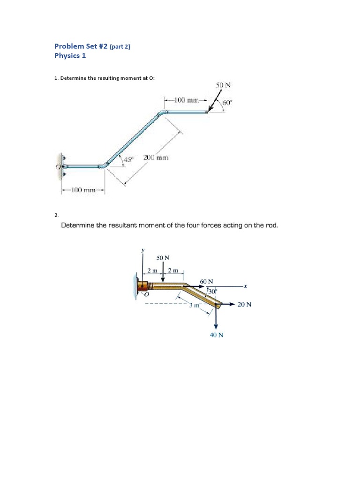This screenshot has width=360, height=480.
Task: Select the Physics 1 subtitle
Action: tap(70, 56)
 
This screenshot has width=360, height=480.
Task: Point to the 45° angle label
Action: tap(128, 159)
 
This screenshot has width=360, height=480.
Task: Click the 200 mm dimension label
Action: tap(156, 158)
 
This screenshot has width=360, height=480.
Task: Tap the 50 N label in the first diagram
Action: tap(223, 85)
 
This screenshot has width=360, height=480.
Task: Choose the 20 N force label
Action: tap(244, 304)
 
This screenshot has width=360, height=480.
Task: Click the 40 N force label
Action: tap(216, 335)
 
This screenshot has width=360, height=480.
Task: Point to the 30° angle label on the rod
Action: tap(211, 292)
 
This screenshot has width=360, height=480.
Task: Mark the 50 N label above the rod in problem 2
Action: tap(163, 258)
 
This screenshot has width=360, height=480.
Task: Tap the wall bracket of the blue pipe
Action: tap(62, 166)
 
